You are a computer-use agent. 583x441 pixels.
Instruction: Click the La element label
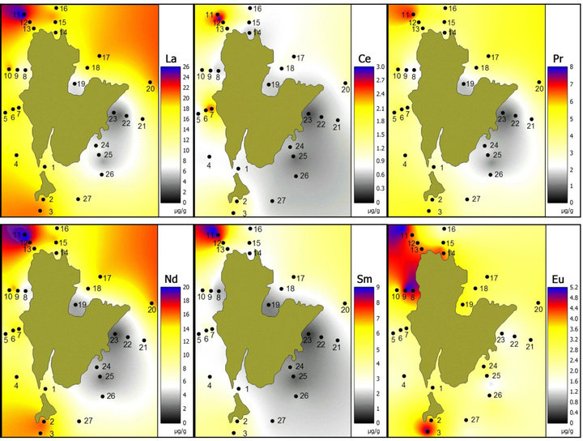[x=171, y=58]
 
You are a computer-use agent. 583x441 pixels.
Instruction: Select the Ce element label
[x=364, y=58]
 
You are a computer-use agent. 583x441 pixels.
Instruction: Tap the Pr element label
[x=558, y=58]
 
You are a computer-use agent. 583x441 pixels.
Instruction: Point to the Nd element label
[x=171, y=280]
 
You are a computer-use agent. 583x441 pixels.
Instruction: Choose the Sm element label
[x=364, y=280]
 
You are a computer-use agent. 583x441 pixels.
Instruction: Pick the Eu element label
[x=558, y=280]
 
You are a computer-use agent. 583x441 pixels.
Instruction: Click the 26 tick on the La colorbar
[x=187, y=66]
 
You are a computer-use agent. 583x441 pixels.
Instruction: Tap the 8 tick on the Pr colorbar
[x=574, y=66]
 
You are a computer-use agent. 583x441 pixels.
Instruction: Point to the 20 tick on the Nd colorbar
[x=187, y=289]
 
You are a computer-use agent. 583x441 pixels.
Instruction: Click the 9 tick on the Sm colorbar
[x=380, y=289]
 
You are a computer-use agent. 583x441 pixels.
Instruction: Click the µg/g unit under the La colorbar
[x=171, y=211]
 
